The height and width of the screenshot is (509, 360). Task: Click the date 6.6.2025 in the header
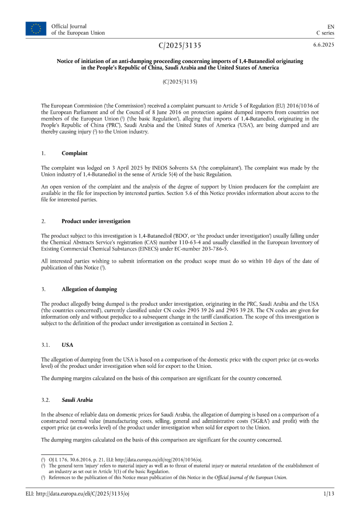(324, 45)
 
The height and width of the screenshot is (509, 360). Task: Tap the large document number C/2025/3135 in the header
(180, 46)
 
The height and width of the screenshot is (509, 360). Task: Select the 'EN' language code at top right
(331, 26)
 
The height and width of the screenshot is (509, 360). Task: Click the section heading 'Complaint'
(74, 154)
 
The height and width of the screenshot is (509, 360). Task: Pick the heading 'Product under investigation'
(96, 221)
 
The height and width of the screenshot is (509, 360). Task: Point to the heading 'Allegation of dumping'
(89, 289)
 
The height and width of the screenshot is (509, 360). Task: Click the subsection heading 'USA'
(67, 345)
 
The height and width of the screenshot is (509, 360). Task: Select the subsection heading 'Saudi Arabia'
(77, 400)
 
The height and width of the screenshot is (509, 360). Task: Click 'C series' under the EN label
(325, 33)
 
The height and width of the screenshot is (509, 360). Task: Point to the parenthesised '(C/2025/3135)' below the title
(180, 82)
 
